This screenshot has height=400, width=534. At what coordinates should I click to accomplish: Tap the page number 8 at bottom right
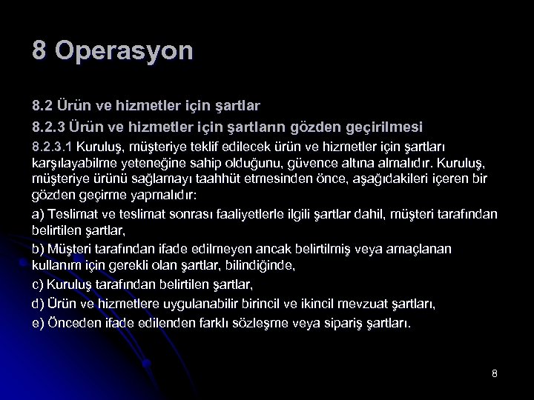tap(494, 373)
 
